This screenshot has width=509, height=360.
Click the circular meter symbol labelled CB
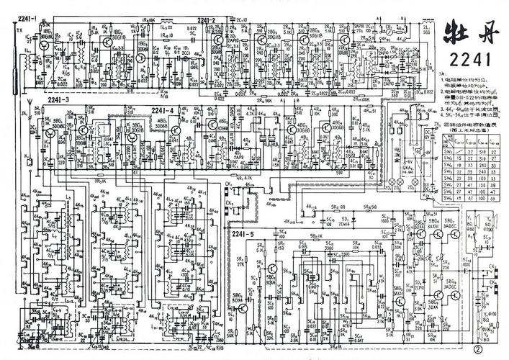coord(389,30)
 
